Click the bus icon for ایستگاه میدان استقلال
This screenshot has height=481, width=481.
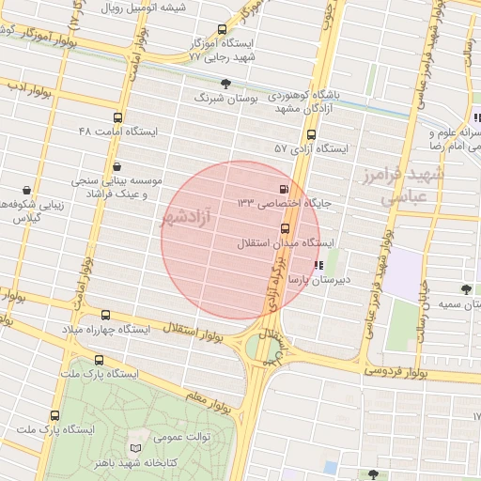(285, 228)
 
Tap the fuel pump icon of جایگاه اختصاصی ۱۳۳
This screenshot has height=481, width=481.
(284, 187)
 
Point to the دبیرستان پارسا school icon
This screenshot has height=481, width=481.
(319, 265)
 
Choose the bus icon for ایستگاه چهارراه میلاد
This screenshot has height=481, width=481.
(104, 316)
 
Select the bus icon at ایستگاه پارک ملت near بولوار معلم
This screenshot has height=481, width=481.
(99, 360)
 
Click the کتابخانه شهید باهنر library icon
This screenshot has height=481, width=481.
(137, 448)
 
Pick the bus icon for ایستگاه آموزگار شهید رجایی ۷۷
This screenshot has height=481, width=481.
(222, 29)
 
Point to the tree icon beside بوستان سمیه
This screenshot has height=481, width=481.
(465, 288)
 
